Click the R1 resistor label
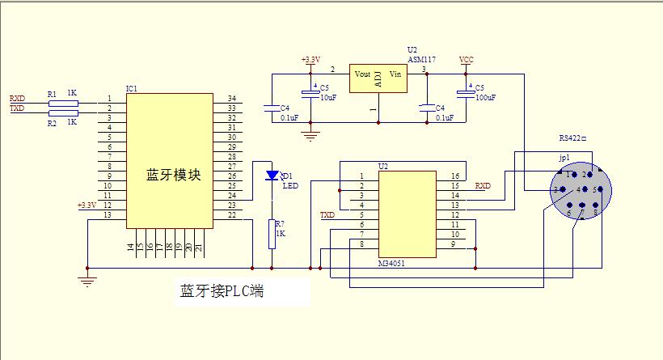(52, 94)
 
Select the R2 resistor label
(52, 123)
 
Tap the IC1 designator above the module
(131, 88)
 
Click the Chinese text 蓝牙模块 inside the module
(172, 175)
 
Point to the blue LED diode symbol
(272, 175)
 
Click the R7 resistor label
(280, 224)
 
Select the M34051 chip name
(393, 265)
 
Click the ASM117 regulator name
(421, 60)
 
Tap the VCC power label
(466, 60)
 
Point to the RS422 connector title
(575, 138)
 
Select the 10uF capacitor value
(328, 97)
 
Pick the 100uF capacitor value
(486, 97)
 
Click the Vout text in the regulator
(363, 74)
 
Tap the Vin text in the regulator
(395, 74)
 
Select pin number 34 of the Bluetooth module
(231, 99)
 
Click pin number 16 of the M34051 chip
(455, 176)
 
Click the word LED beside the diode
(289, 185)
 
